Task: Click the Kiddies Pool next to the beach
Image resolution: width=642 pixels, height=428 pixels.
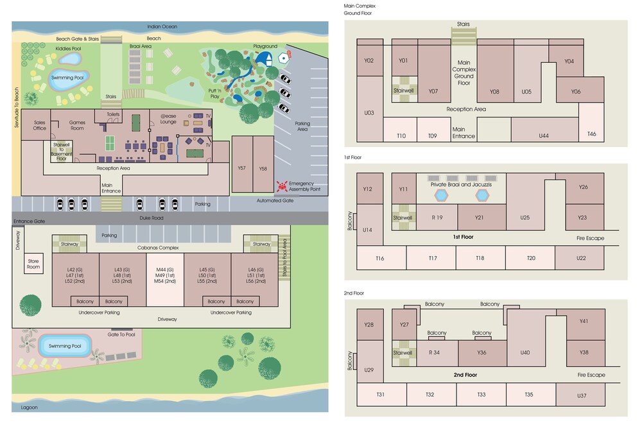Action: coord(69,59)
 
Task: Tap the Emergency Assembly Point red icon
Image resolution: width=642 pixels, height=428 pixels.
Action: coord(282,187)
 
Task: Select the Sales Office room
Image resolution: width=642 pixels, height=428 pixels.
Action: coord(36,124)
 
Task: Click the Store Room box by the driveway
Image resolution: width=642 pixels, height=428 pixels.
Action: coord(33,264)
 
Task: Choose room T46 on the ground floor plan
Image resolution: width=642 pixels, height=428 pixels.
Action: coord(591,122)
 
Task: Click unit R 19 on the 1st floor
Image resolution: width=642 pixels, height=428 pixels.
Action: coord(437,218)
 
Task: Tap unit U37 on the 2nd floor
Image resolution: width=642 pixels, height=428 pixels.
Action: coord(580,395)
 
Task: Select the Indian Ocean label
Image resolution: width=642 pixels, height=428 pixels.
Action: coord(162,26)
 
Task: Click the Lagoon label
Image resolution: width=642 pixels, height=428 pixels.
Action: coord(29,407)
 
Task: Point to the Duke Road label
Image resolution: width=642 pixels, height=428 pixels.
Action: coord(152,218)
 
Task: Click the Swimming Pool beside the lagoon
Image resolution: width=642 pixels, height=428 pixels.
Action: coord(65,346)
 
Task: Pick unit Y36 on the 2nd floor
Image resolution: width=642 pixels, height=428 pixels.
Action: coord(482,353)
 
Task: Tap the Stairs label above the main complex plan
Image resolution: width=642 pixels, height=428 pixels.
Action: coord(463,24)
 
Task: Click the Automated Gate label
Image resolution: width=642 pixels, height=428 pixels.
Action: coord(275,200)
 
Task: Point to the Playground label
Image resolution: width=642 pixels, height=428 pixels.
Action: coord(265,46)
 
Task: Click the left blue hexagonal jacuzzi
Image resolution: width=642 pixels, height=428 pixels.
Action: coord(442,196)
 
